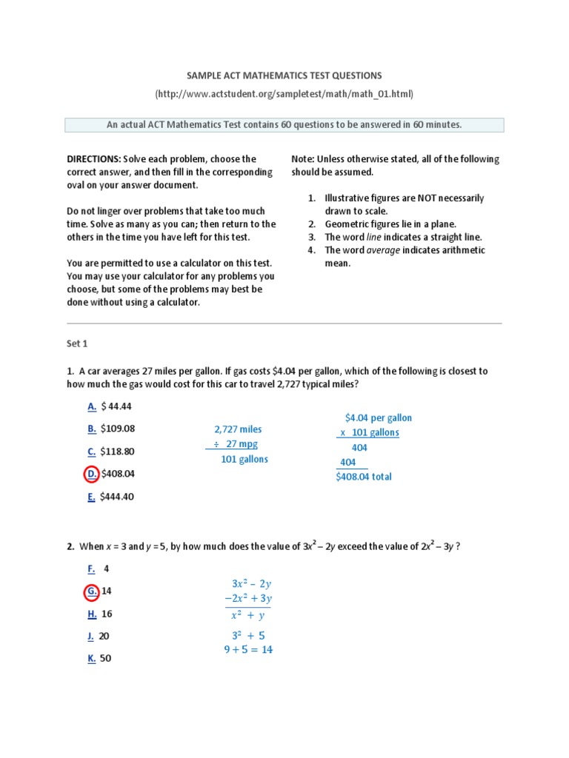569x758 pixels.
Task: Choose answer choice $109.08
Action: (x=119, y=429)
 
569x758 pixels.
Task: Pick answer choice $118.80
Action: (x=119, y=452)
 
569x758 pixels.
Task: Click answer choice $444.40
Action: (x=118, y=497)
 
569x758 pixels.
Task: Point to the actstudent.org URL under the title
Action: (x=284, y=94)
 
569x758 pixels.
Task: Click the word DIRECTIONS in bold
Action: (x=93, y=159)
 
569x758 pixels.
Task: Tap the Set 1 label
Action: (x=77, y=344)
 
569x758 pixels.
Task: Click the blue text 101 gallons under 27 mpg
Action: (x=244, y=459)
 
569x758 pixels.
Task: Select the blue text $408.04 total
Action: (x=364, y=477)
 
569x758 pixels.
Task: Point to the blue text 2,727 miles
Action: (x=238, y=429)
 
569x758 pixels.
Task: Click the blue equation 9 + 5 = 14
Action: (x=248, y=650)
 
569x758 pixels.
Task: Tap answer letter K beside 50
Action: (x=91, y=658)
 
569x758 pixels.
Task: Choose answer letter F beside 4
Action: (x=91, y=568)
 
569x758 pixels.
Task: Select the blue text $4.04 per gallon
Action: (x=379, y=418)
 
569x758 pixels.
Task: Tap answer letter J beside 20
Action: (x=91, y=636)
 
